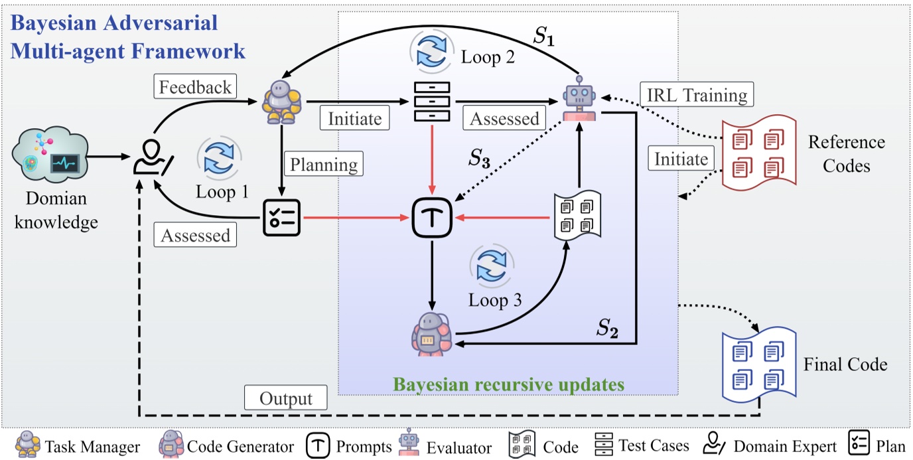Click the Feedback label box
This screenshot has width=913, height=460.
click(195, 87)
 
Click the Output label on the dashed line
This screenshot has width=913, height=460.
click(286, 399)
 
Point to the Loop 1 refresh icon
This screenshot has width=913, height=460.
click(219, 160)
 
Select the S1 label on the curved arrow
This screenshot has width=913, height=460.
click(546, 36)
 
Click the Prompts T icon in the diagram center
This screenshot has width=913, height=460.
click(431, 217)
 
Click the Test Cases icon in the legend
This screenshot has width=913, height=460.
click(604, 445)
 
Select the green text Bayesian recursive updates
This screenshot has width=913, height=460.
click(508, 384)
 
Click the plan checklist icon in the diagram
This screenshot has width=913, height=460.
click(282, 217)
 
